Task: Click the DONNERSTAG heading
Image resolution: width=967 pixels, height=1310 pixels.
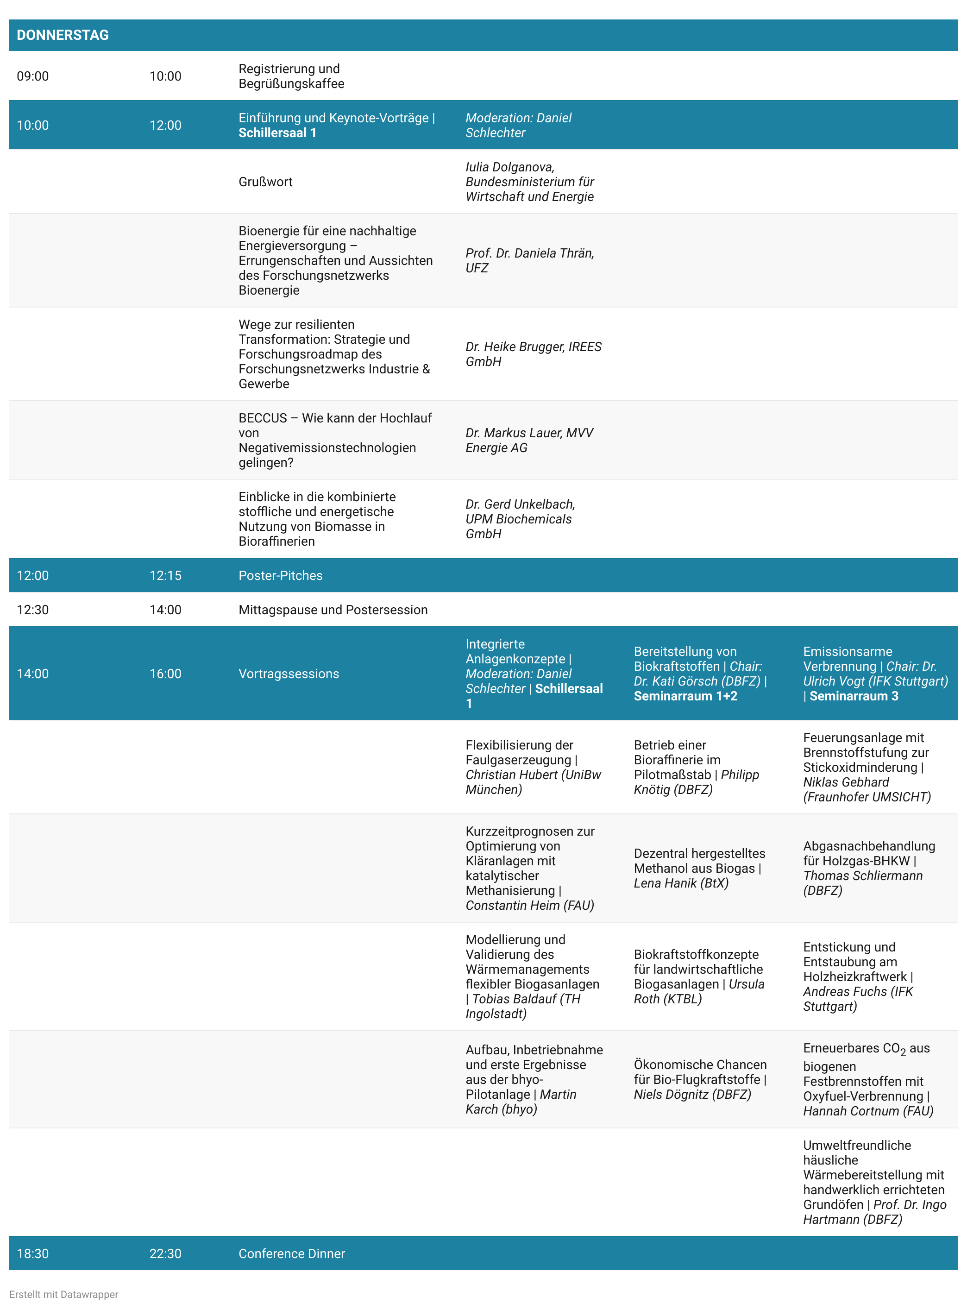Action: coord(63,35)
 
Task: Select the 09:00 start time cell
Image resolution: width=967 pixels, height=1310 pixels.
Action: coord(33,76)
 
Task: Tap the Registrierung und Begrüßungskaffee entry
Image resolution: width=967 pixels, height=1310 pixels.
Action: coord(291,76)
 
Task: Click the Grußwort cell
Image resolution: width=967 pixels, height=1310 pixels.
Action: coord(265,182)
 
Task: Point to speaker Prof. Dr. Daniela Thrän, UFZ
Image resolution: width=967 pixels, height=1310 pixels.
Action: coord(529,260)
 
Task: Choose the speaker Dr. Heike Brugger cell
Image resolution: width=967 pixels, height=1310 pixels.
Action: coord(533,354)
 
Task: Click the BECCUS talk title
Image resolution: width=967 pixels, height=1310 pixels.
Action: coord(334,440)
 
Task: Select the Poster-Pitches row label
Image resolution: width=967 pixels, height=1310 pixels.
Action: coord(280,575)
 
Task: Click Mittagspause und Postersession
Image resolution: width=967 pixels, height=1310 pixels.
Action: coord(333,610)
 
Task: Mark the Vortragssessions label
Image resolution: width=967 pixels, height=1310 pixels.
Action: coord(289,674)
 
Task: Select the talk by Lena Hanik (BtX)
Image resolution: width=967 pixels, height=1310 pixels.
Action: coord(699,868)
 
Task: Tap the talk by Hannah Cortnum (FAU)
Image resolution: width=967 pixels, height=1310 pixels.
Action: coord(867,1079)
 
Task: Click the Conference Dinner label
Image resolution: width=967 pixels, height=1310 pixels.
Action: coord(291,1254)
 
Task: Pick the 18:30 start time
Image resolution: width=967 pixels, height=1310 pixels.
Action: coord(33,1254)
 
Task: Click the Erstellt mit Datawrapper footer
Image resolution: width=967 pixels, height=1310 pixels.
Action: coord(64,1294)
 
